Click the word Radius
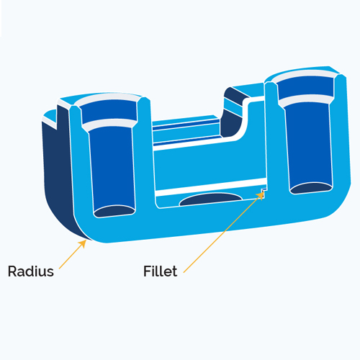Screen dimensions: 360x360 pyautogui.click(x=31, y=271)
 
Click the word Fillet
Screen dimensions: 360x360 pyautogui.click(x=161, y=271)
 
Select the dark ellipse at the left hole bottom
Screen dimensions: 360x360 pyautogui.click(x=114, y=211)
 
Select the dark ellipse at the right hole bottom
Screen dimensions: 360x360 pyautogui.click(x=311, y=188)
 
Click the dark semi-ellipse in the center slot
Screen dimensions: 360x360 pyautogui.click(x=211, y=199)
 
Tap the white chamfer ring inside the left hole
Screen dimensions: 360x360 pyautogui.click(x=109, y=124)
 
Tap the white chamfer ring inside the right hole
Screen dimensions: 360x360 pyautogui.click(x=307, y=99)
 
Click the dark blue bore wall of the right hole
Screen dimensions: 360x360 pyautogui.click(x=310, y=144)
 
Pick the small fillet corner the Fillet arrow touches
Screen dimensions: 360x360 pyautogui.click(x=264, y=191)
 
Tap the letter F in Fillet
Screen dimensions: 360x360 pyautogui.click(x=147, y=271)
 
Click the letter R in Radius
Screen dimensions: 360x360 pyautogui.click(x=12, y=271)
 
